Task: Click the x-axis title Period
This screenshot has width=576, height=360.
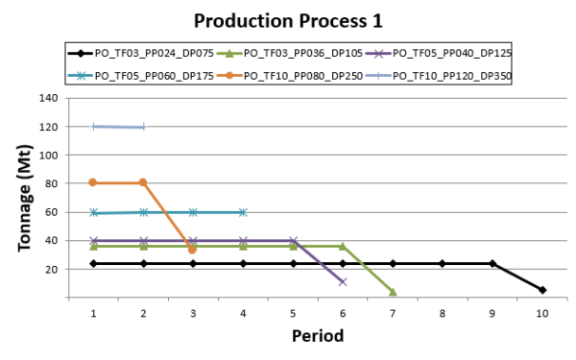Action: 318,337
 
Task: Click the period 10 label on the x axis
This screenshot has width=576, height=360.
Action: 542,313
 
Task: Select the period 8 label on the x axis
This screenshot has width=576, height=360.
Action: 443,313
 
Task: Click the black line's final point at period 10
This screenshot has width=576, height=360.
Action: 542,290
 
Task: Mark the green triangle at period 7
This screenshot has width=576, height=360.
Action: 393,292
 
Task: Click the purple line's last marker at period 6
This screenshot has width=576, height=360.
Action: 343,281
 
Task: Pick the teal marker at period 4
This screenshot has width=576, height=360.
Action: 243,212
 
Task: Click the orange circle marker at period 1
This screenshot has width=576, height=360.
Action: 93,182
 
